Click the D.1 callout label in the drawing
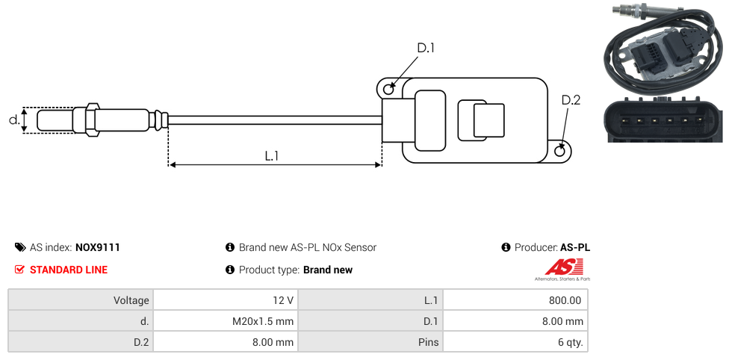point(425,48)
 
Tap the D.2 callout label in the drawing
point(571,101)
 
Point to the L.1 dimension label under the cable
point(272,155)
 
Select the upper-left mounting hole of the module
point(388,90)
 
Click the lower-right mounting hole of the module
point(561,151)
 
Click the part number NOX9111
point(98,247)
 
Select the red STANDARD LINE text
point(69,270)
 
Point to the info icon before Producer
point(506,247)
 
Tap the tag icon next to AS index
point(20,247)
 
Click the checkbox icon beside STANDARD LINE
point(20,270)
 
